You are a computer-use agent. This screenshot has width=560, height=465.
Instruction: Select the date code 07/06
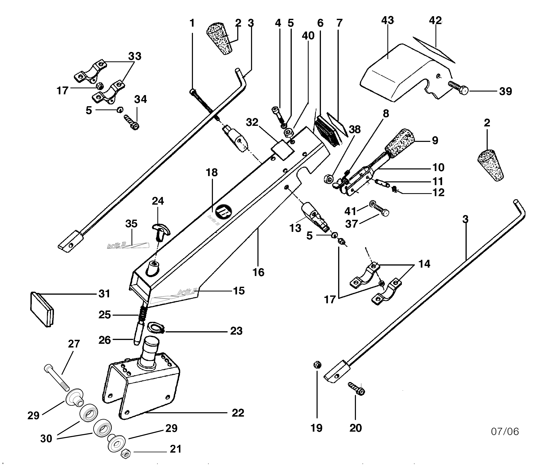tap(505, 431)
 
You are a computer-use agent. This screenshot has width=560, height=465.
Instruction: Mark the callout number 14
tap(424, 264)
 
